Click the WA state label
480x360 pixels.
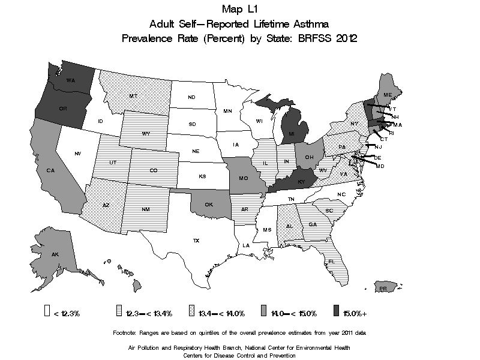click(x=70, y=80)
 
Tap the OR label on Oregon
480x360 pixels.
click(x=62, y=109)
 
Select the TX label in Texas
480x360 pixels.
click(x=196, y=241)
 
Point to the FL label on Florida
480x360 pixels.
click(x=331, y=262)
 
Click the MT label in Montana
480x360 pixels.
click(x=134, y=96)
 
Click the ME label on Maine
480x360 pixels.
click(x=388, y=95)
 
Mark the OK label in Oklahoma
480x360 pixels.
click(x=209, y=204)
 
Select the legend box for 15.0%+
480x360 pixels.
click(x=335, y=311)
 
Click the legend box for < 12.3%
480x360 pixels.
click(x=47, y=311)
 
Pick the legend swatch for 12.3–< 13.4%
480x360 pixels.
click(x=119, y=311)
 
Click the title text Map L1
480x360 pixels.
click(x=239, y=9)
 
